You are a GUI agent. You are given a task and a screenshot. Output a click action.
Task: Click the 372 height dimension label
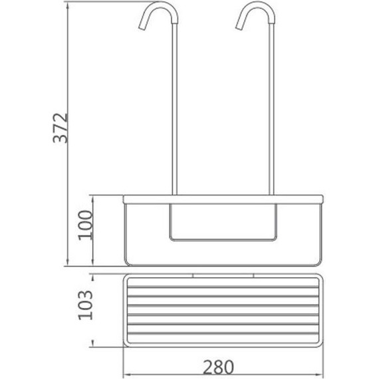coord(61,128)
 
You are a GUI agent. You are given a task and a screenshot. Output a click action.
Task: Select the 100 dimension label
coord(85,225)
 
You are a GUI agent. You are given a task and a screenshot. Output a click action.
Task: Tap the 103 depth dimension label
coord(85,305)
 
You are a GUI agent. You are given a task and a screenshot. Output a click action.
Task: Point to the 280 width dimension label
coord(218,367)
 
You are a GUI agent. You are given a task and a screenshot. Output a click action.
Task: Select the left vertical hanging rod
coord(174,109)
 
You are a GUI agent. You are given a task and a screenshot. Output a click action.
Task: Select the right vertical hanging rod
coord(271,109)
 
